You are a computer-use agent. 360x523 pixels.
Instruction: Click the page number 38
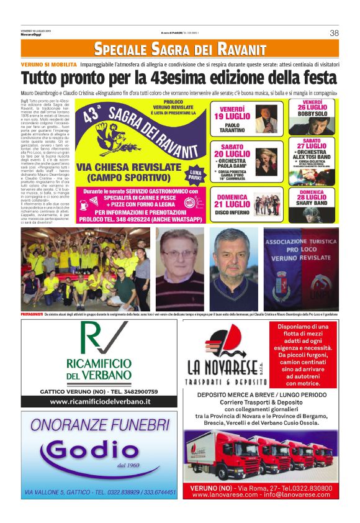[334, 33]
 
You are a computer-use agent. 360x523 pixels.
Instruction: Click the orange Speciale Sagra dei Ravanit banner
[180, 48]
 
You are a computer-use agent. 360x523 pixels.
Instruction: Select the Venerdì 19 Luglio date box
[232, 116]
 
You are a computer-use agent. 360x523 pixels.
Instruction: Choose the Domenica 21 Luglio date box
[232, 203]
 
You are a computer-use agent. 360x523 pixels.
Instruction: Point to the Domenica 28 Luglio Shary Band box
[312, 201]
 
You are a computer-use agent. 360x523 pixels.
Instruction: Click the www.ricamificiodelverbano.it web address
[100, 402]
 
